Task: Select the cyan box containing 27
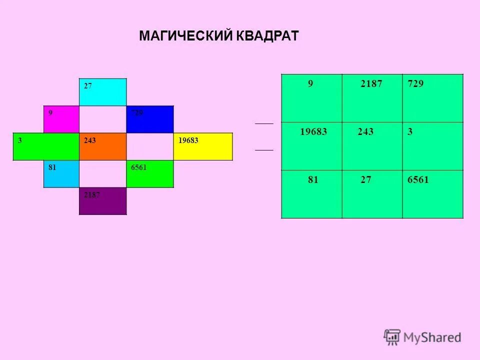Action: coord(103,92)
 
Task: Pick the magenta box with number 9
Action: coord(61,119)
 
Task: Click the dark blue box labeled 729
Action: coord(149,119)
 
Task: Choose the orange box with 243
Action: coord(103,146)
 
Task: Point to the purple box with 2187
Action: coord(103,201)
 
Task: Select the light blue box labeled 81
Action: coord(61,173)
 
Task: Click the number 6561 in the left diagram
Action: coord(138,168)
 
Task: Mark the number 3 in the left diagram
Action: coord(19,140)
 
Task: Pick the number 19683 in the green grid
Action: coord(313,132)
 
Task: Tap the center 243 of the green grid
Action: coord(365,132)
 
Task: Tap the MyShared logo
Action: coord(422,337)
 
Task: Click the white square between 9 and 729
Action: coord(103,119)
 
